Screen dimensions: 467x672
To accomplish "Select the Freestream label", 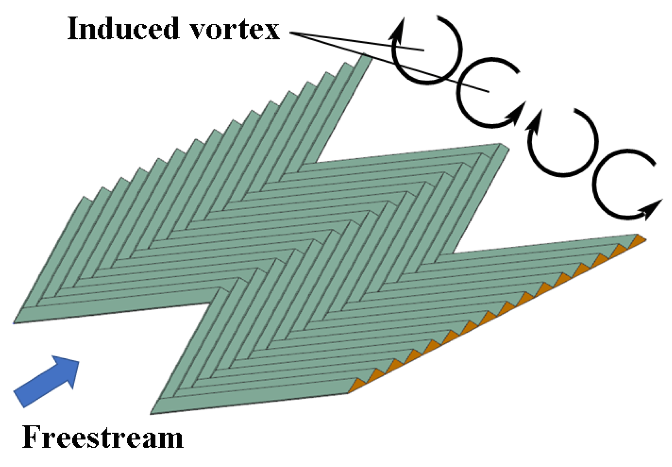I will point(103,437).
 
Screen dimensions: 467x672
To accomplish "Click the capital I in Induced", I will point(73,29).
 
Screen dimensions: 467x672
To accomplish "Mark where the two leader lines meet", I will point(291,33).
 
